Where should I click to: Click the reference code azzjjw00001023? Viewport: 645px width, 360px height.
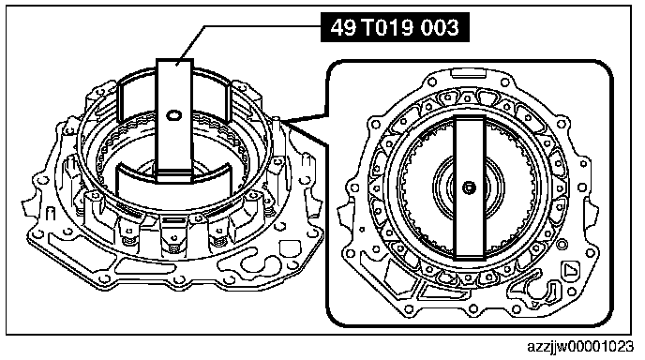point(580,347)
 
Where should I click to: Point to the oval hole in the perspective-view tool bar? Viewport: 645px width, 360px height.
point(174,115)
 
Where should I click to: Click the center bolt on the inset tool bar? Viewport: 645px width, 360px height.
point(469,188)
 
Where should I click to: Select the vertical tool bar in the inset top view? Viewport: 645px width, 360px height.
point(469,187)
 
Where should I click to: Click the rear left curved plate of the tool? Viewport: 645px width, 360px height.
point(137,98)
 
